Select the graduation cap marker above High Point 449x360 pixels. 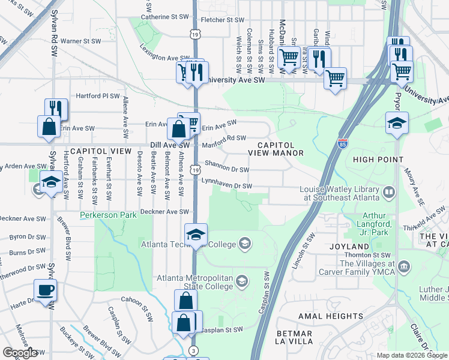pos(397,124)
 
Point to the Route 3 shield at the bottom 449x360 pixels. pos(193,350)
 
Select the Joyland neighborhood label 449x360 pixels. pos(349,247)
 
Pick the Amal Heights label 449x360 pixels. pos(331,316)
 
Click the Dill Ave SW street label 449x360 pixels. pos(169,145)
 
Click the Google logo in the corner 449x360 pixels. pos(20,353)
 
